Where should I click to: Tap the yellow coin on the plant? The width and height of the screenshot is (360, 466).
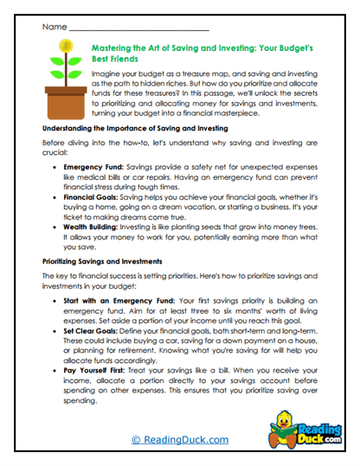[64, 45]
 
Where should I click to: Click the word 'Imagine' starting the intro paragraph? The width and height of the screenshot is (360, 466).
[106, 76]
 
